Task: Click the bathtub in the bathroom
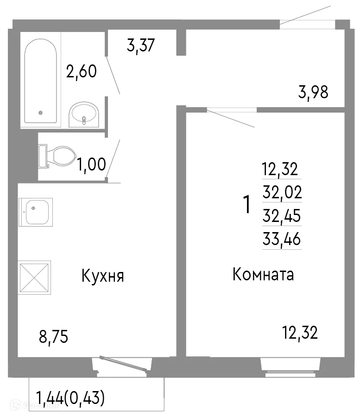41,81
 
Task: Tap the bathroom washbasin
83,115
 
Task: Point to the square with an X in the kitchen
34,278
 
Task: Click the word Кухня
102,277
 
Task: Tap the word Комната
263,275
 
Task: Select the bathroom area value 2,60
82,72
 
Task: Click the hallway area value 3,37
140,46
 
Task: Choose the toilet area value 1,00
91,164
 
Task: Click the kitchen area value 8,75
53,337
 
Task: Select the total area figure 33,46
282,240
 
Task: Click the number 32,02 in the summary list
282,192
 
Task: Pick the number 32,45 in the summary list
282,215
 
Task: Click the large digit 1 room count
247,204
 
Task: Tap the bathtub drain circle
41,112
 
